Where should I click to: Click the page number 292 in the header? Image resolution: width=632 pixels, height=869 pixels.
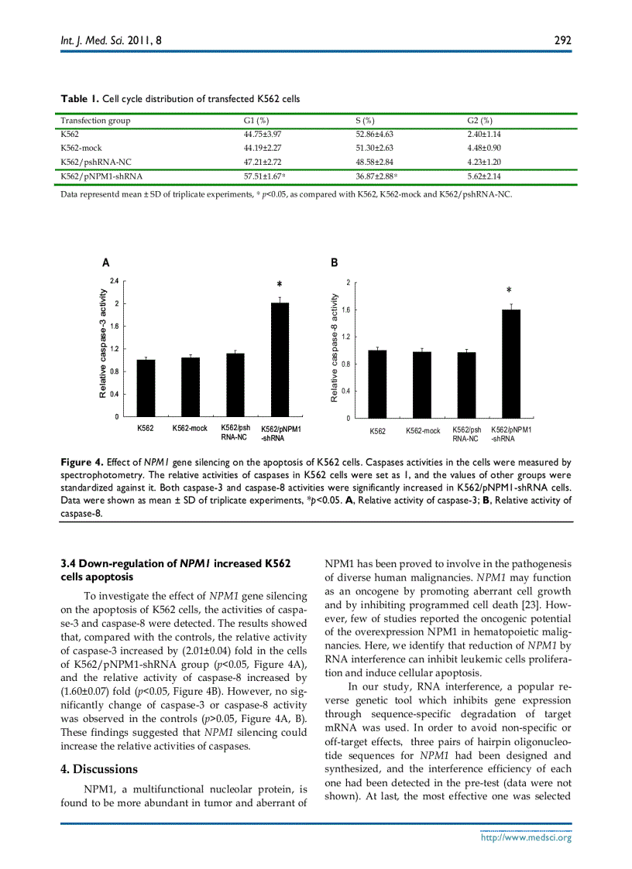coord(563,40)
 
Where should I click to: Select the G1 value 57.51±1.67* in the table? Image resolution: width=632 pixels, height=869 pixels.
coord(265,176)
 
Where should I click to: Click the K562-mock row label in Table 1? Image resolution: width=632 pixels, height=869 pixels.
coord(81,149)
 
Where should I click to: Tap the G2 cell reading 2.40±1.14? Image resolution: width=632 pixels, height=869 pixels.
coord(486,135)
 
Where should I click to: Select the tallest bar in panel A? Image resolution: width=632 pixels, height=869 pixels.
coord(280,359)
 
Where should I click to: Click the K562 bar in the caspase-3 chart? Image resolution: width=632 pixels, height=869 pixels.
coord(146,388)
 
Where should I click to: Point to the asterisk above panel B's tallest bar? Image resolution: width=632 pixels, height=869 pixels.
coord(509,291)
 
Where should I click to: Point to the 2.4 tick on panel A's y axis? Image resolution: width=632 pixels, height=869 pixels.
coord(114,280)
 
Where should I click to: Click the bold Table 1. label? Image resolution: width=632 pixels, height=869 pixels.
coord(80,99)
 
